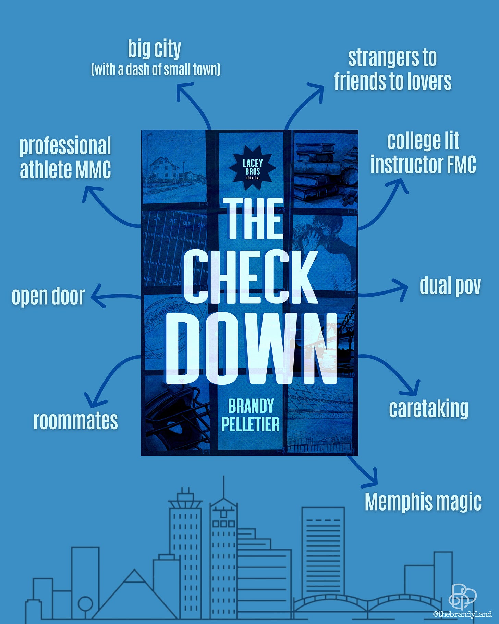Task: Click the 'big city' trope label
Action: tap(154, 49)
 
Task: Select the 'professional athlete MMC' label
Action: tap(65, 157)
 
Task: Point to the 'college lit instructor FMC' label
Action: tap(423, 153)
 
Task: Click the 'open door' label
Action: tap(48, 296)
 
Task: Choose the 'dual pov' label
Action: tap(450, 286)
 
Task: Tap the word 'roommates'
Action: tap(75, 421)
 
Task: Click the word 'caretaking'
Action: tap(428, 408)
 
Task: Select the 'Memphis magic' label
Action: tap(423, 502)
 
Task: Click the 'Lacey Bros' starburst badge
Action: tap(253, 168)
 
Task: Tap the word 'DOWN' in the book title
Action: tap(252, 349)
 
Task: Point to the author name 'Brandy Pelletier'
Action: tap(251, 415)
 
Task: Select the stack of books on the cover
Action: tap(317, 171)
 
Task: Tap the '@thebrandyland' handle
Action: tap(462, 614)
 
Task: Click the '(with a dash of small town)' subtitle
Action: tap(156, 70)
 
